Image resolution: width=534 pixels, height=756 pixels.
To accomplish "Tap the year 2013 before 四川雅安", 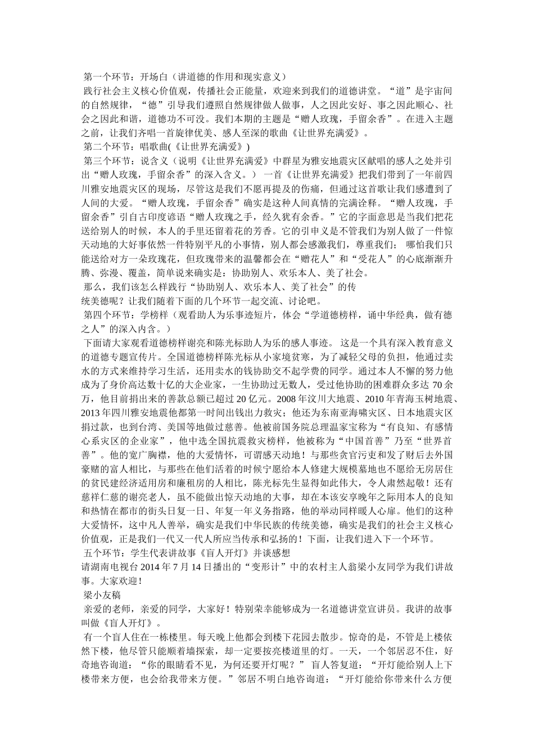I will point(92,413).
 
